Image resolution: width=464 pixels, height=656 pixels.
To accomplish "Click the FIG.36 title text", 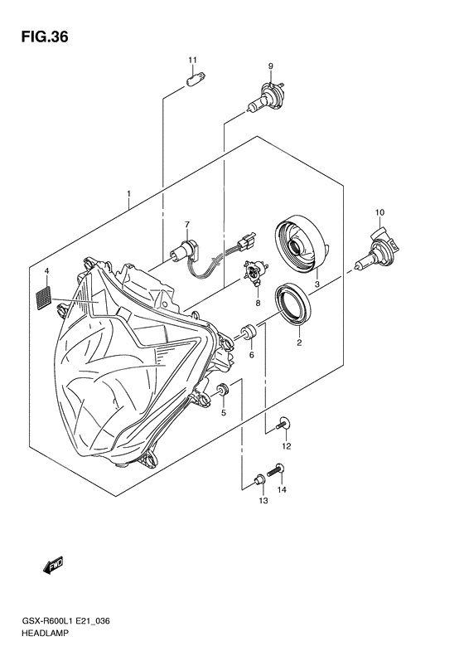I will [37, 37].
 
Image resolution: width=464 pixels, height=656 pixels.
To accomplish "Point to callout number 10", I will [379, 213].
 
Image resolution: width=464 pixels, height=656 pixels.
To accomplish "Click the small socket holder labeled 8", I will [254, 273].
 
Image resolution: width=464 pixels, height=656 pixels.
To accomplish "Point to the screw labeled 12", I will [283, 425].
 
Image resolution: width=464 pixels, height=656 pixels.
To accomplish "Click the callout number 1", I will [129, 196].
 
